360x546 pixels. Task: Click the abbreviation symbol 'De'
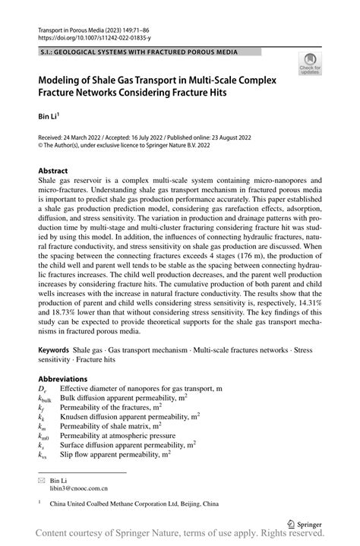(x=42, y=389)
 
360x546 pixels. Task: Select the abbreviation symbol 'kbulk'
(x=44, y=398)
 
